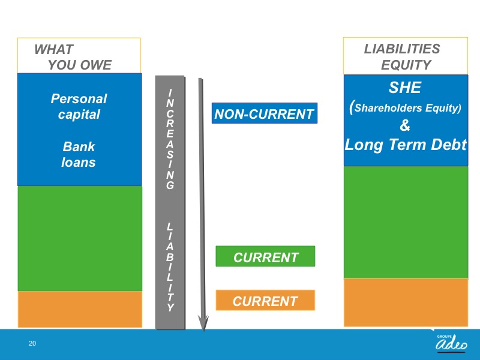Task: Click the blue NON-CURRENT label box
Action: pyautogui.click(x=265, y=113)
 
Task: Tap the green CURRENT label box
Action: pyautogui.click(x=265, y=256)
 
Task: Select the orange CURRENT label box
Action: pyautogui.click(x=265, y=301)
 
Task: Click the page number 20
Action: pyautogui.click(x=32, y=343)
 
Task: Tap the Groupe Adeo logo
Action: pyautogui.click(x=452, y=343)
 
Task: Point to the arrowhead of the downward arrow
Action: pyautogui.click(x=203, y=324)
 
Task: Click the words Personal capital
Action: pyautogui.click(x=79, y=107)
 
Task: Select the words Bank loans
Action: pyautogui.click(x=79, y=155)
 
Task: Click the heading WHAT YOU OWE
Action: pyautogui.click(x=73, y=57)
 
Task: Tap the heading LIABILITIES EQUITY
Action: pyautogui.click(x=402, y=57)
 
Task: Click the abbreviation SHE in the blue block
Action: pyautogui.click(x=405, y=88)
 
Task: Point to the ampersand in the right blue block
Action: pyautogui.click(x=405, y=125)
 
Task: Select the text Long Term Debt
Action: pyautogui.click(x=406, y=145)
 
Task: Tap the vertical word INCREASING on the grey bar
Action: pyautogui.click(x=170, y=139)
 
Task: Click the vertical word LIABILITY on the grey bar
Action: pyautogui.click(x=170, y=267)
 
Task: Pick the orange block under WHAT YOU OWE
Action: pyautogui.click(x=80, y=310)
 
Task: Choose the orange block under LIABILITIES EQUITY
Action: pyautogui.click(x=406, y=303)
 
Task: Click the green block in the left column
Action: pyautogui.click(x=80, y=238)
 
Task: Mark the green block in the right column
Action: pyautogui.click(x=406, y=223)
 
